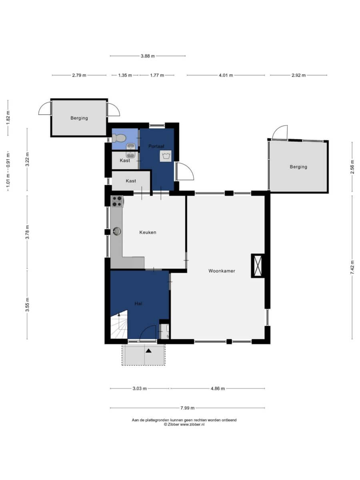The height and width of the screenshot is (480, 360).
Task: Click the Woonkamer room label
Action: [x=222, y=271]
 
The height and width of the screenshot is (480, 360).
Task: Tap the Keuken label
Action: [x=148, y=232]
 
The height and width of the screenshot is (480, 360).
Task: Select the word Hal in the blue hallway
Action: [x=138, y=304]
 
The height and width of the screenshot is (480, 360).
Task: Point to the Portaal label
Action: [x=156, y=146]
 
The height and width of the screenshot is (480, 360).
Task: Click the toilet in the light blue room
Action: [x=118, y=138]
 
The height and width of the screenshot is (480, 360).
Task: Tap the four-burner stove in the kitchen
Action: [x=117, y=201]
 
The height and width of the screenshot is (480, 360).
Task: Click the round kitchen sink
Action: [x=117, y=231]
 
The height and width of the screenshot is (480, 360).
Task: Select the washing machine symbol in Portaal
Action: [x=166, y=156]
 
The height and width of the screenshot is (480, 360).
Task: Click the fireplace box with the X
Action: [x=258, y=266]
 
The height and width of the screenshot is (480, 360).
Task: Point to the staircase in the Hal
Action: [x=119, y=324]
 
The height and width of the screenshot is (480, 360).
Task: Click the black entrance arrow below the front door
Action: [x=149, y=351]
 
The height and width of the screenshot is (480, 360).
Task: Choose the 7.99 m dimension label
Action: [x=187, y=408]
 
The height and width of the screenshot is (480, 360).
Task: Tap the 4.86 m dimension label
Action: [x=218, y=388]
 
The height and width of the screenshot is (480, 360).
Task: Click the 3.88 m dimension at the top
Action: [x=148, y=56]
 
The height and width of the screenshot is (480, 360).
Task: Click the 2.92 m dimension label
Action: [x=298, y=75]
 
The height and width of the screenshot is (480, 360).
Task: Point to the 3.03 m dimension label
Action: [x=140, y=388]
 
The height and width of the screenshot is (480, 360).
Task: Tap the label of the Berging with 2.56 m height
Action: [x=298, y=167]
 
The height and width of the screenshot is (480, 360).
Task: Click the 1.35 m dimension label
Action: [x=125, y=75]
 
